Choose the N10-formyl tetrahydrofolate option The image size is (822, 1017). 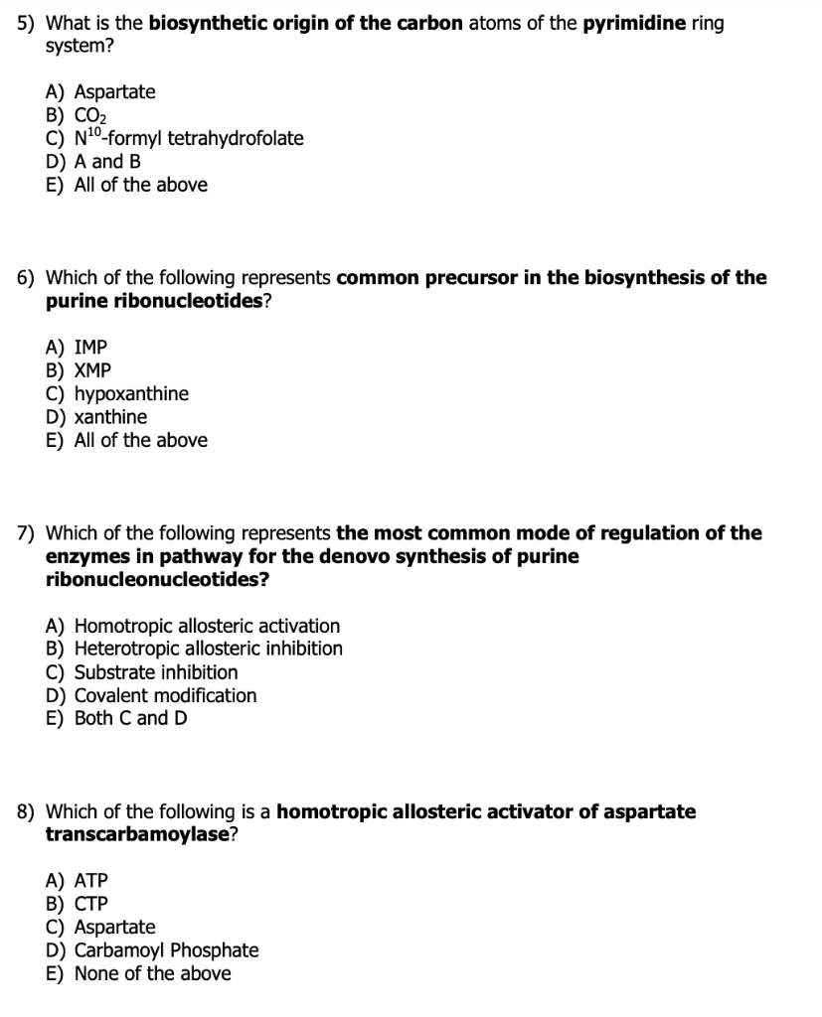[x=175, y=138]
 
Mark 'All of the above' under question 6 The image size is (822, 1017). [x=127, y=440]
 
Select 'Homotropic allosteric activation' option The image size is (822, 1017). [x=193, y=626]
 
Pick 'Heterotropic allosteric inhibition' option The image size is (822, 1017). [x=195, y=649]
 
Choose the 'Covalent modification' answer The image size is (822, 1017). [x=151, y=695]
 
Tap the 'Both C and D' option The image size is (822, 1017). [x=116, y=718]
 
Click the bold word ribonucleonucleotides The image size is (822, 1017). [x=157, y=580]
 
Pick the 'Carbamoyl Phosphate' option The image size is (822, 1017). [x=152, y=950]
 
